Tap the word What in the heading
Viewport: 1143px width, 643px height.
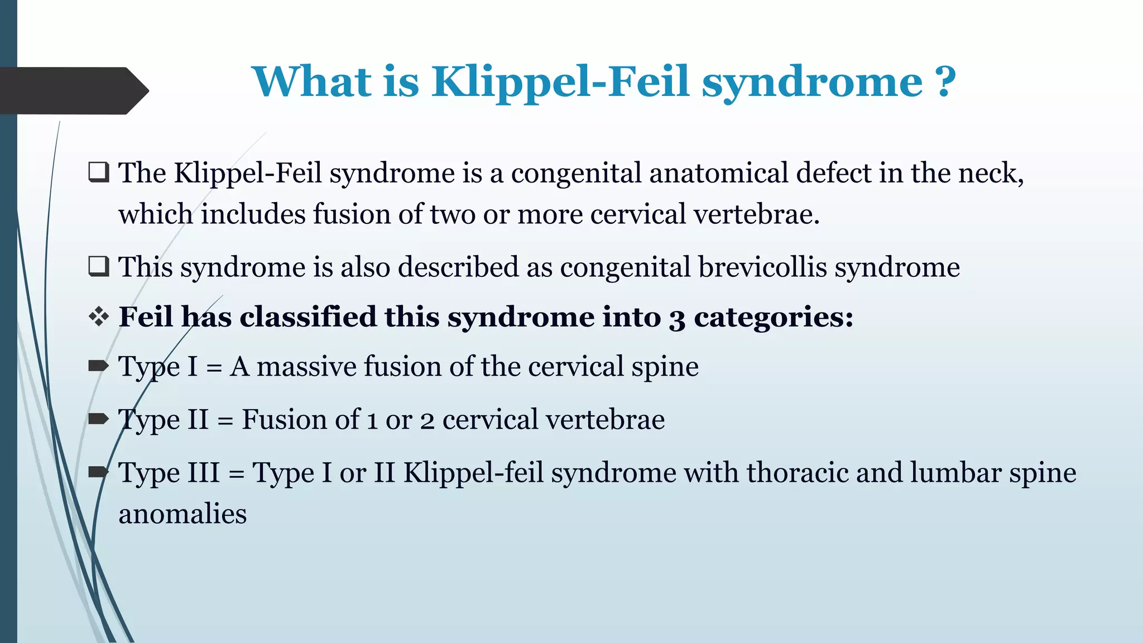311,82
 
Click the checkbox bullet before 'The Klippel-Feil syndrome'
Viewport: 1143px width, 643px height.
99,172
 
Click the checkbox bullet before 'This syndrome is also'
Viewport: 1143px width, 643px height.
99,266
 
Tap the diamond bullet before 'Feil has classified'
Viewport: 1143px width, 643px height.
99,316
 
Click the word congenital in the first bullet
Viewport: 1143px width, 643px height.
576,174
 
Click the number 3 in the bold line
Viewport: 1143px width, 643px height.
677,318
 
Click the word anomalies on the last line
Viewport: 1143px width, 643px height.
183,514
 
